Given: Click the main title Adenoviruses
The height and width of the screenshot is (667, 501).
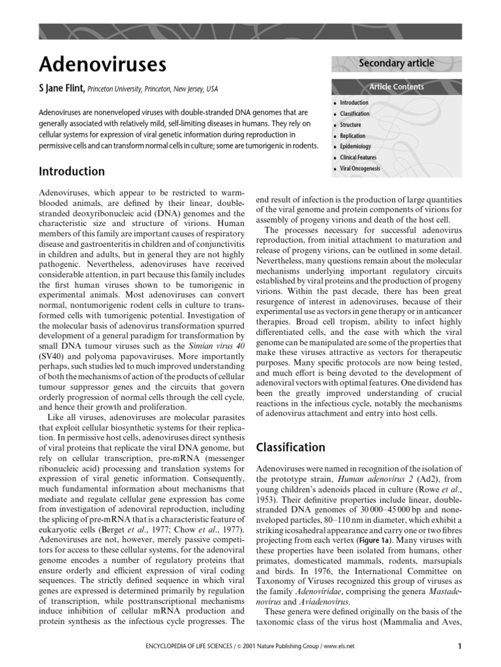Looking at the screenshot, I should pyautogui.click(x=102, y=64).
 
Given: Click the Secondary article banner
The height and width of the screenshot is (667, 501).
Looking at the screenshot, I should pyautogui.click(x=396, y=63).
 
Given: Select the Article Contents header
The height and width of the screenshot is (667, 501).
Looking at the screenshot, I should pyautogui.click(x=396, y=87).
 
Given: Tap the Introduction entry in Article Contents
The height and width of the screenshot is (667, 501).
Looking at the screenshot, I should pyautogui.click(x=354, y=103).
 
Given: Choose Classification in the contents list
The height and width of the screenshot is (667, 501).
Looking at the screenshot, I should pyautogui.click(x=354, y=114).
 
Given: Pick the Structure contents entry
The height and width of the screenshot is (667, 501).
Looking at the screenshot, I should pyautogui.click(x=350, y=125).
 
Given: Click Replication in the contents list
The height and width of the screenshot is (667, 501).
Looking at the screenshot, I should pyautogui.click(x=353, y=136).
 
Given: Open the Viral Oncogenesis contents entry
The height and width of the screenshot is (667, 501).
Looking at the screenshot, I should pyautogui.click(x=360, y=169).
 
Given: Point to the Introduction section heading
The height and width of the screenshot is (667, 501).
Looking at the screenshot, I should pyautogui.click(x=72, y=171).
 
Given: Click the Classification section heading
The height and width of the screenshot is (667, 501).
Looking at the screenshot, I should pyautogui.click(x=290, y=447).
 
